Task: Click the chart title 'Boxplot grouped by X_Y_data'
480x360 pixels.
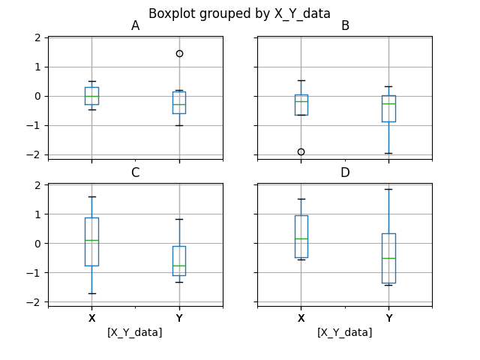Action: (x=239, y=13)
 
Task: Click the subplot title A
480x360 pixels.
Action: (x=135, y=26)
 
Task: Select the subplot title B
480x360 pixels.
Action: (x=345, y=26)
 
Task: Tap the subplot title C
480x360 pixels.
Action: (x=135, y=173)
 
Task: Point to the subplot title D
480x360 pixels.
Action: (x=345, y=173)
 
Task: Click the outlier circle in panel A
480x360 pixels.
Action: (x=179, y=53)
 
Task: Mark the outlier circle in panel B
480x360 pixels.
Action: (x=301, y=151)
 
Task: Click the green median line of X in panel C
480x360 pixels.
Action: (x=91, y=240)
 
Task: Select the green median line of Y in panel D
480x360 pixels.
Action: (x=388, y=258)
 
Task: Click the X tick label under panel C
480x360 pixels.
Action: (x=91, y=318)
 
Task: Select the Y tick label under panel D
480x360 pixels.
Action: (x=388, y=318)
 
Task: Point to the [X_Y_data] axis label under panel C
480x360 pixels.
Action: (x=135, y=332)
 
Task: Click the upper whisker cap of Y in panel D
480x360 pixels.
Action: (x=388, y=189)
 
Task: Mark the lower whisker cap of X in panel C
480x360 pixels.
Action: (x=91, y=293)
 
